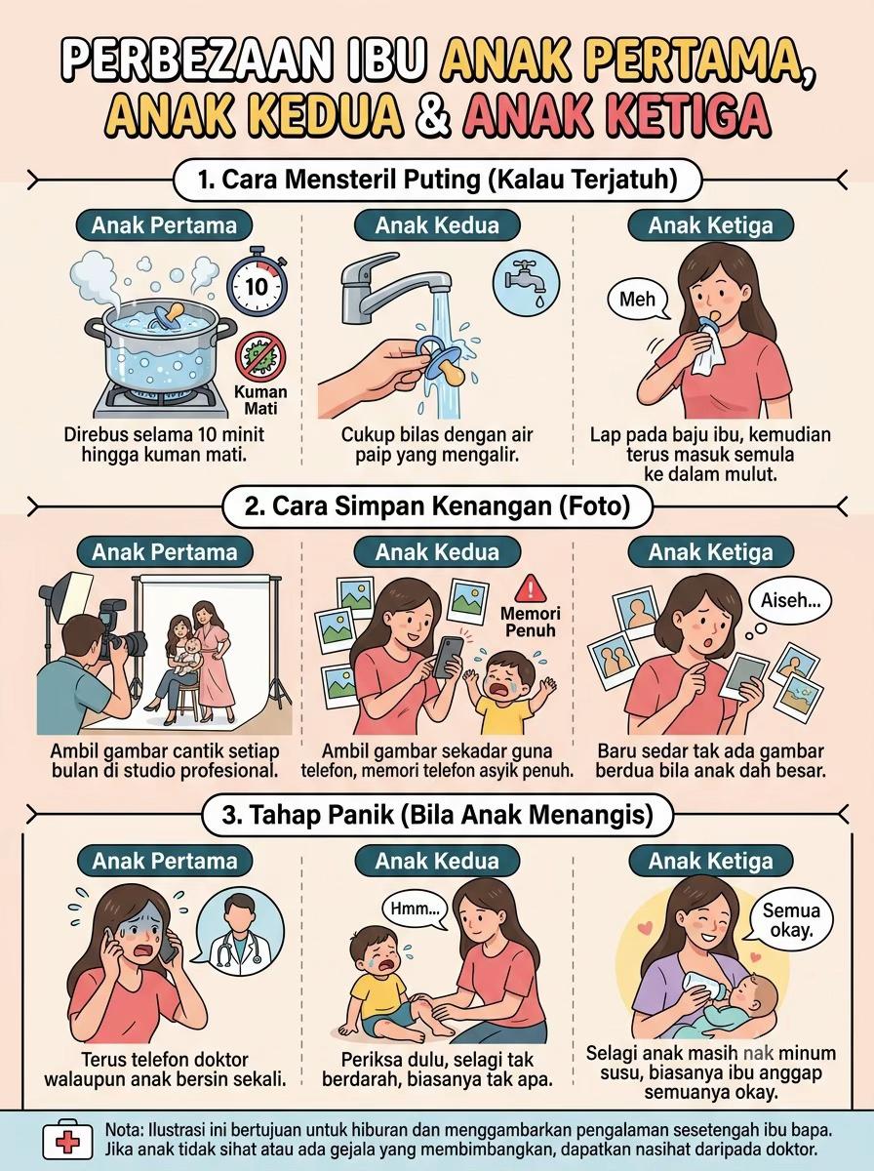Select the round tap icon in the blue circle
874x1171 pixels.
[x=526, y=282]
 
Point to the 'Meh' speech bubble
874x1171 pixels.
[x=638, y=300]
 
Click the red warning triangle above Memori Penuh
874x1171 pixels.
[x=530, y=588]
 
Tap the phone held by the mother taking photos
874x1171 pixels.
[x=448, y=658]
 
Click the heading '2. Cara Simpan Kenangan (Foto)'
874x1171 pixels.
[x=437, y=506]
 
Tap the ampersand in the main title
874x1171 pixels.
[x=434, y=116]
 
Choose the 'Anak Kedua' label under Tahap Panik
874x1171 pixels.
[x=437, y=861]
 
